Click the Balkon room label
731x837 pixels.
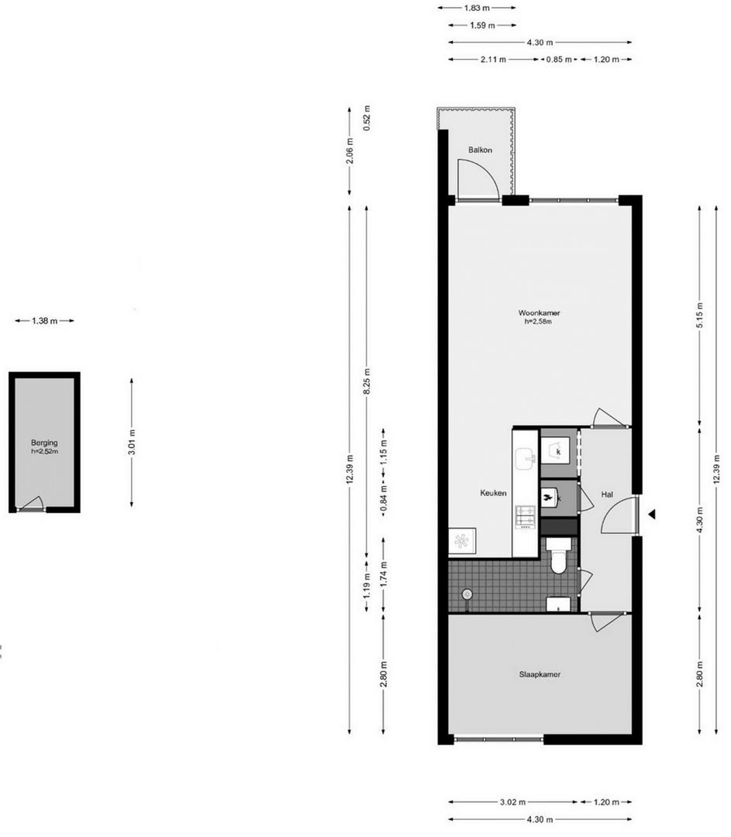[x=480, y=150]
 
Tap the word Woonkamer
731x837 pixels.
[x=539, y=313]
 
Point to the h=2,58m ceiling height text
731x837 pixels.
[x=539, y=322]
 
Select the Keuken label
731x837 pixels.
[x=493, y=493]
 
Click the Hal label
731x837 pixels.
[x=607, y=493]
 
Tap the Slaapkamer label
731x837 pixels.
[x=539, y=674]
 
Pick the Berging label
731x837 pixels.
[x=44, y=442]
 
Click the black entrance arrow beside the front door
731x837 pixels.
[x=653, y=513]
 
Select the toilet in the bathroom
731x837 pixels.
[x=558, y=560]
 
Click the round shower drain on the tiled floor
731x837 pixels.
[x=467, y=594]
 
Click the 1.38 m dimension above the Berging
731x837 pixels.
[x=44, y=321]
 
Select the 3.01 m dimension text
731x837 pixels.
[x=132, y=442]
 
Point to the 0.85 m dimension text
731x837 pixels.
[x=559, y=59]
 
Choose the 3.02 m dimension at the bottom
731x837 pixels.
[x=512, y=802]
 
